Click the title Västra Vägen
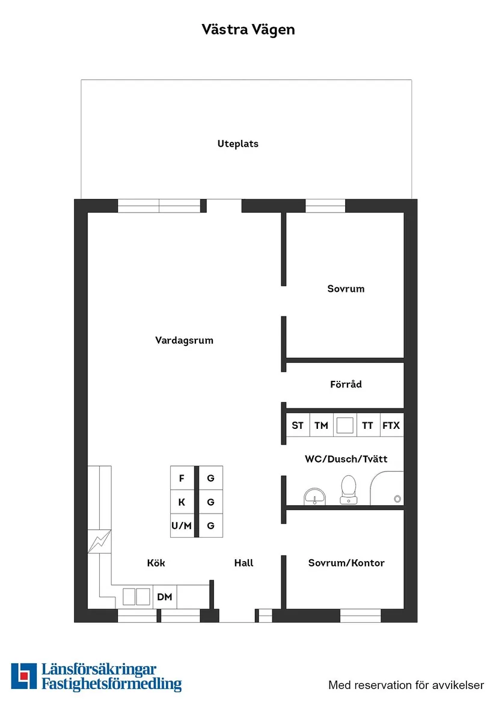click(x=248, y=29)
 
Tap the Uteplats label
click(x=238, y=144)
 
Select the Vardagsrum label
click(x=184, y=341)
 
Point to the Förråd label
click(x=346, y=384)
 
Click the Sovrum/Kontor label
click(x=346, y=563)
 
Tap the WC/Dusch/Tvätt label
click(x=346, y=459)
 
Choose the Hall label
click(x=243, y=563)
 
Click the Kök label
click(x=156, y=563)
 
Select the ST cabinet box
click(x=298, y=426)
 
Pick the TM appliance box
click(x=321, y=426)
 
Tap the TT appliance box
click(x=368, y=426)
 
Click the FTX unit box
click(x=391, y=426)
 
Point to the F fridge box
click(x=182, y=479)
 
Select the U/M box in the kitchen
click(x=182, y=526)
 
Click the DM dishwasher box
click(x=165, y=596)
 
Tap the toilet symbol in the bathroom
click(x=348, y=489)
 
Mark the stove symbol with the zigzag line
click(x=100, y=541)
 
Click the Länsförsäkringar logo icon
click(x=23, y=676)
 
